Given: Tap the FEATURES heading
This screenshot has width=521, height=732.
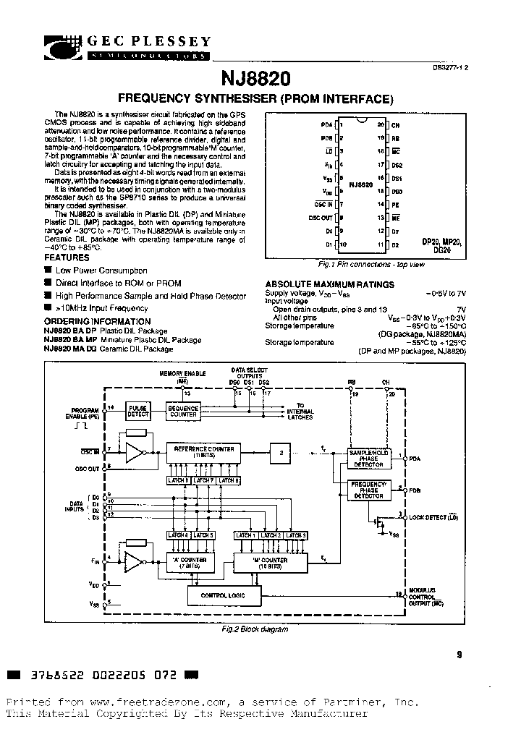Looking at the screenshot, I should click(x=67, y=258).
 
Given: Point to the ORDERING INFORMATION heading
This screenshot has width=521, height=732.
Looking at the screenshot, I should click(x=98, y=321).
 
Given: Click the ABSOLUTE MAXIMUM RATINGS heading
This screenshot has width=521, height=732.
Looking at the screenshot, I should click(x=329, y=285).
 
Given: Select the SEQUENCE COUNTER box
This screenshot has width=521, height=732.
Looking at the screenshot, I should click(x=182, y=411).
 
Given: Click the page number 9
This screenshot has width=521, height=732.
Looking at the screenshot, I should click(x=459, y=655).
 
